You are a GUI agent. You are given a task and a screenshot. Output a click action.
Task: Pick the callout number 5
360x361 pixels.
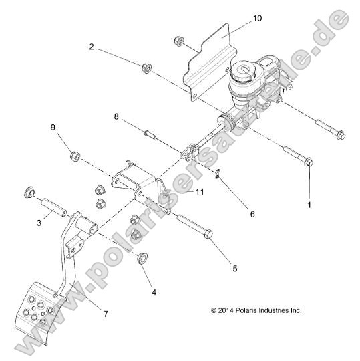[x=215, y=268]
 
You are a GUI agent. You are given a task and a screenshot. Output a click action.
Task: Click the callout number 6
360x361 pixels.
[x=252, y=214]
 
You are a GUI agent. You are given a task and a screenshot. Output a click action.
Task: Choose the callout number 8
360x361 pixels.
[x=116, y=116]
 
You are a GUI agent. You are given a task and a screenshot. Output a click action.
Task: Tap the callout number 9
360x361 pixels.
[x=53, y=127]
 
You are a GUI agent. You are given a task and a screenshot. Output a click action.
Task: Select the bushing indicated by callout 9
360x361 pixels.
[x=75, y=158]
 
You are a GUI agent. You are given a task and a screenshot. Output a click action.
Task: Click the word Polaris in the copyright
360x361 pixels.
[x=250, y=310]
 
